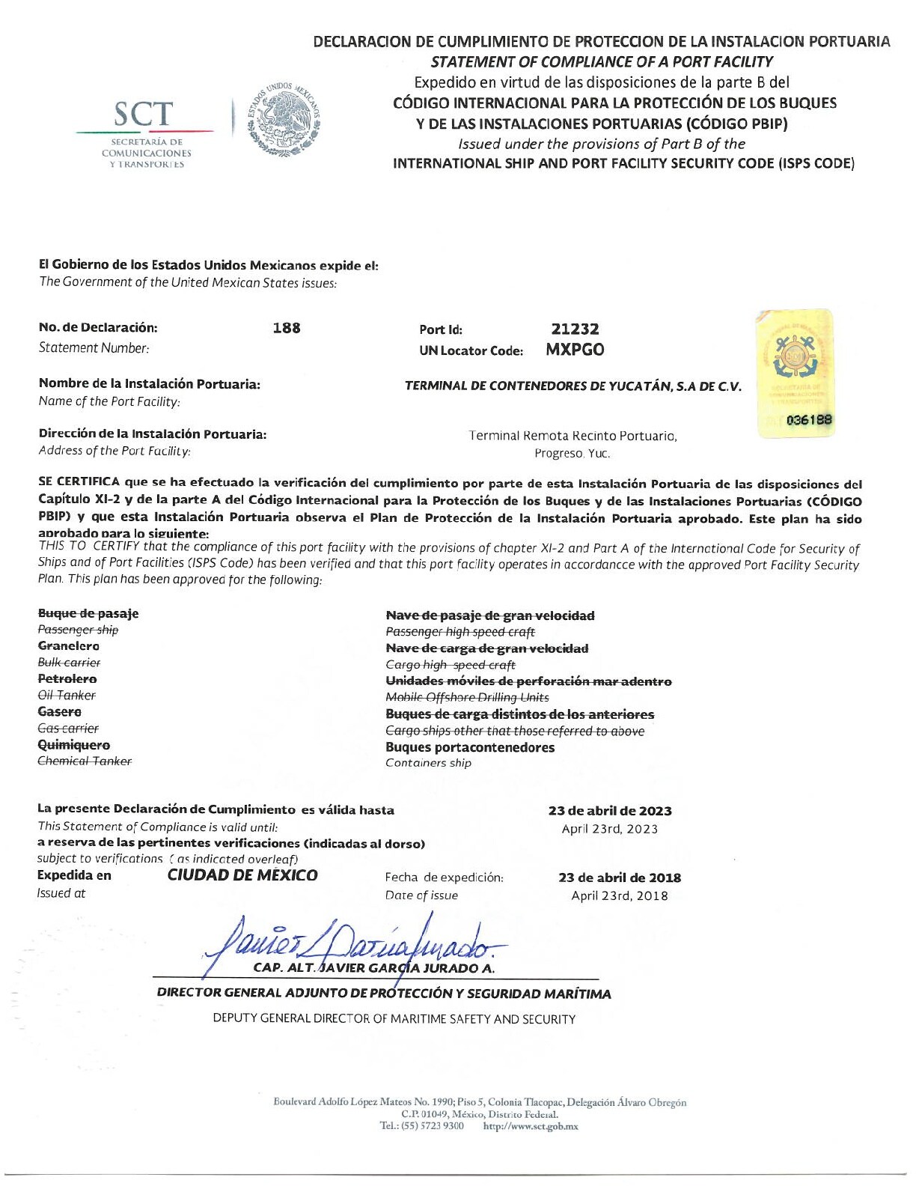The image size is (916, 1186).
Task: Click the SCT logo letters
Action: tap(143, 114)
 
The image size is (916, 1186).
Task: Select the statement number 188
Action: tap(287, 328)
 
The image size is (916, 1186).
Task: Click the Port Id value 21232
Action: tap(575, 329)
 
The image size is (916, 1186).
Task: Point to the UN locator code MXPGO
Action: tap(575, 350)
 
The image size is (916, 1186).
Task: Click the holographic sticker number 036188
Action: tap(809, 421)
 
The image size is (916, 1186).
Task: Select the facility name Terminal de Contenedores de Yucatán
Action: tap(572, 386)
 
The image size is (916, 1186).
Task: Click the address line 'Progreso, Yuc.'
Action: tap(572, 454)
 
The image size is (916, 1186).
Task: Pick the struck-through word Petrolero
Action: tap(67, 679)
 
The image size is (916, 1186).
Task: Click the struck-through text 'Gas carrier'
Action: tap(68, 729)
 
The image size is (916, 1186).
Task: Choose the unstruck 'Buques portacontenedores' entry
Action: tap(470, 747)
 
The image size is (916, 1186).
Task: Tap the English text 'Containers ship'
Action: tap(428, 763)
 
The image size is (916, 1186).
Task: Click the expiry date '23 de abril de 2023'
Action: tap(610, 811)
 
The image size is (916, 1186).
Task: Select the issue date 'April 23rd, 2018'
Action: tap(620, 896)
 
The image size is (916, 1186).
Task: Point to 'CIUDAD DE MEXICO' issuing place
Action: tap(242, 875)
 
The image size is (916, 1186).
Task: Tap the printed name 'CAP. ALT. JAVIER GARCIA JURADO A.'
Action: tap(374, 968)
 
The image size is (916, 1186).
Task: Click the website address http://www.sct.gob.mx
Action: tap(531, 1126)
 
